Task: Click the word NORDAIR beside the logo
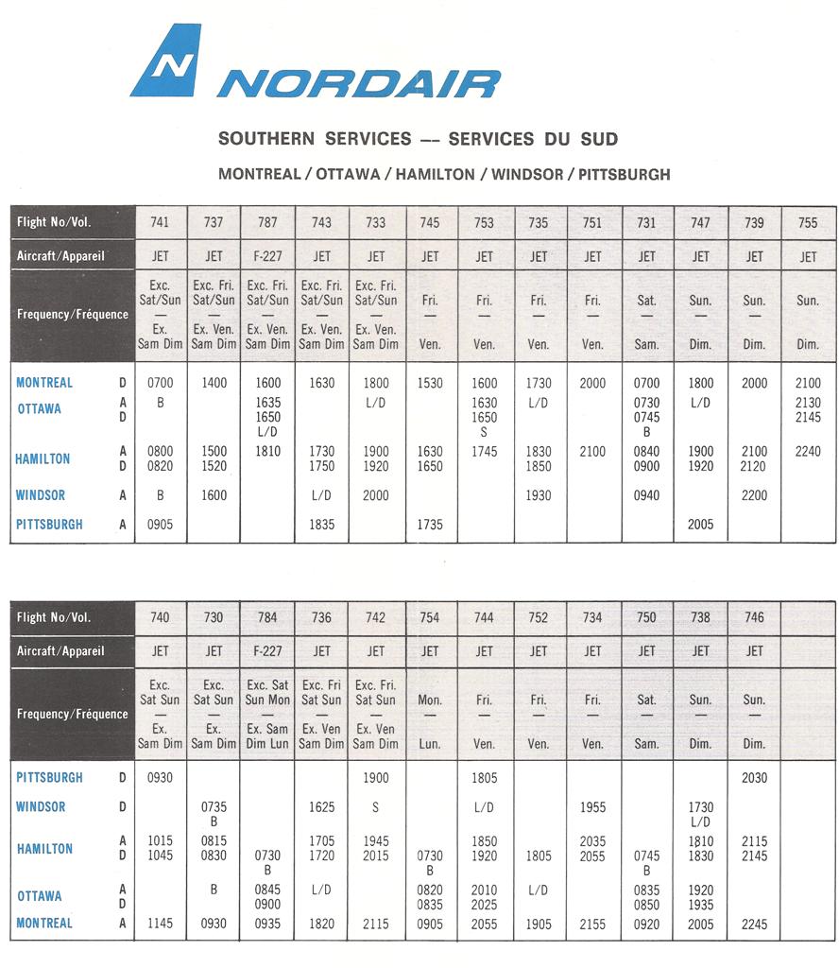tap(358, 84)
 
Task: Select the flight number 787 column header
tap(268, 222)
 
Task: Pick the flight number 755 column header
tap(808, 222)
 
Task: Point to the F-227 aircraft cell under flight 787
tap(268, 256)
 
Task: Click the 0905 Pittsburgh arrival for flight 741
tap(161, 525)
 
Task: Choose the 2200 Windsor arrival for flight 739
tap(754, 495)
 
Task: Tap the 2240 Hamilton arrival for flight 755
tap(808, 452)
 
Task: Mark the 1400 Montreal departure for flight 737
tap(214, 384)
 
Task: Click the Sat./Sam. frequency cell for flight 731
tap(647, 321)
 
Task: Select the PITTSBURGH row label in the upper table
tap(49, 525)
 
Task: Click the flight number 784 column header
tap(268, 617)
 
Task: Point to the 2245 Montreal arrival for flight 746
tap(754, 924)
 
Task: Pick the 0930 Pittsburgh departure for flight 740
tap(161, 778)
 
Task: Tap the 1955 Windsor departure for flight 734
tap(592, 807)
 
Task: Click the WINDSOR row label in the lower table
tap(41, 807)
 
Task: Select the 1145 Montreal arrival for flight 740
tap(161, 924)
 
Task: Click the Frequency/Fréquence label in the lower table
tap(73, 715)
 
